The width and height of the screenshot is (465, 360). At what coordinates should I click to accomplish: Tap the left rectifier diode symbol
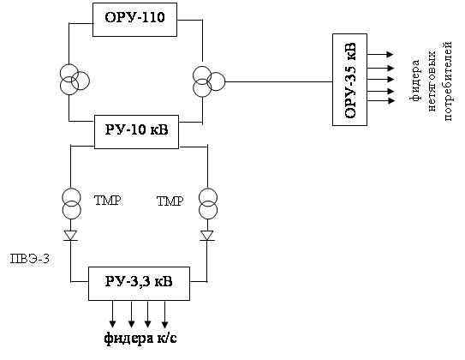click(x=70, y=236)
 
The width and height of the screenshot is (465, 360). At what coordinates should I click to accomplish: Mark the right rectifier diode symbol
click(x=207, y=236)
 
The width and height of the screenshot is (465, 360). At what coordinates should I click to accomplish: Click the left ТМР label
click(x=107, y=201)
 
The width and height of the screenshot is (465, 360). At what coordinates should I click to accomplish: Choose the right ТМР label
click(x=170, y=201)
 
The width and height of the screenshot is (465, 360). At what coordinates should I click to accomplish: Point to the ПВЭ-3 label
click(x=30, y=259)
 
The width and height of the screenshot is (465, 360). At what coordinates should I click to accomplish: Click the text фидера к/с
click(x=140, y=339)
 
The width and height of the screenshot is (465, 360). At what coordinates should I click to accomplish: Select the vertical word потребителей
click(x=448, y=81)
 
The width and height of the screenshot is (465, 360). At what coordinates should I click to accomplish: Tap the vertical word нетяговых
click(x=432, y=81)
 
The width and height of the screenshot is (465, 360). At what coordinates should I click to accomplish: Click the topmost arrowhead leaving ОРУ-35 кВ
click(x=390, y=54)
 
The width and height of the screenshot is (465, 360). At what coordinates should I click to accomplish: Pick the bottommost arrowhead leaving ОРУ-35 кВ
click(x=391, y=101)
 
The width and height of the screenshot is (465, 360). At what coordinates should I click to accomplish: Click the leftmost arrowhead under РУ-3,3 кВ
click(x=112, y=324)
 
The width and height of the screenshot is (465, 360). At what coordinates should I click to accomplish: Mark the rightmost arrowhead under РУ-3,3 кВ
click(x=165, y=324)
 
